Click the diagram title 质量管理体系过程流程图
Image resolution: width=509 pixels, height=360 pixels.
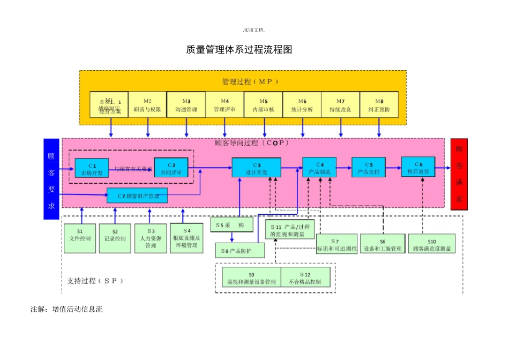tap(239, 50)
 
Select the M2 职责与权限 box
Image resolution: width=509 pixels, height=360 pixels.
tap(147, 104)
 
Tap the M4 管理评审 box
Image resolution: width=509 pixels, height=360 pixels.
tap(224, 104)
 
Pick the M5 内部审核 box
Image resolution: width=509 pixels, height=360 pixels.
tap(263, 104)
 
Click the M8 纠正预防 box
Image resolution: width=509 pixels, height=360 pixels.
tap(379, 104)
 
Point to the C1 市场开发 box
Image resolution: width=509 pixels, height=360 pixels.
tap(92, 168)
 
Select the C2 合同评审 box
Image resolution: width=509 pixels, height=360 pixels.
tap(171, 168)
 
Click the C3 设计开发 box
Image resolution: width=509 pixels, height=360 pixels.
tap(256, 168)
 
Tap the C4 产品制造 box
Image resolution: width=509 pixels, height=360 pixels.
tap(319, 167)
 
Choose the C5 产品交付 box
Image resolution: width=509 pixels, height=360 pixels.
tap(368, 167)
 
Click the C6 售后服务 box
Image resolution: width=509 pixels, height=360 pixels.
tap(418, 167)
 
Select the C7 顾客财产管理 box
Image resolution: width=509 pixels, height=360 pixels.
tap(137, 196)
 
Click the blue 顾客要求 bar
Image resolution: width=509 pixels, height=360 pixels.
tap(51, 179)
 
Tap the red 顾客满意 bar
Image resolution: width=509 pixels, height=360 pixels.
tap(459, 174)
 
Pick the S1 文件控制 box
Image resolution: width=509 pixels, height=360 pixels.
tap(80, 238)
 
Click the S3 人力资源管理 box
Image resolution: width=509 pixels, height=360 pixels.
tap(151, 238)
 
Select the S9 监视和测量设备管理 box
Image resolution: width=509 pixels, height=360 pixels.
tap(251, 277)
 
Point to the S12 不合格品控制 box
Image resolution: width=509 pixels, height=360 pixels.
tap(305, 277)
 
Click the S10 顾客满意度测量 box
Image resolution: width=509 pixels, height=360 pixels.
tap(431, 244)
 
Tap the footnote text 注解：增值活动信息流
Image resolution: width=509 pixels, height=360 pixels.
tap(66, 310)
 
